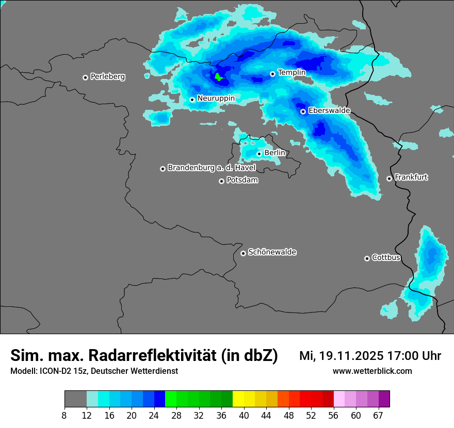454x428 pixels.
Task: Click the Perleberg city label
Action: point(107,77)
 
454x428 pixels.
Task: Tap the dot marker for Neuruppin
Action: point(192,100)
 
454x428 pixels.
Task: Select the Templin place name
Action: point(291,73)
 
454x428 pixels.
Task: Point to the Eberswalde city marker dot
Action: point(303,111)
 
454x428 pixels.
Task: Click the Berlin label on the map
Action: point(274,153)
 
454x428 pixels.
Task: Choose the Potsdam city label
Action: point(242,180)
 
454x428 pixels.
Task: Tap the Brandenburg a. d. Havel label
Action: point(212,168)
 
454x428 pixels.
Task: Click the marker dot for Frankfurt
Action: point(389,178)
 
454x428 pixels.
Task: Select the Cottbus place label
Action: point(386,258)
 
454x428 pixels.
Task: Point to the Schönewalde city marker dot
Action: point(243,253)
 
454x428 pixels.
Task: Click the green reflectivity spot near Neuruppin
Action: point(218,77)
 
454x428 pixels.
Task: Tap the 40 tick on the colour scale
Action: point(244,415)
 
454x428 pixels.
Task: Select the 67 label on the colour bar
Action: point(378,415)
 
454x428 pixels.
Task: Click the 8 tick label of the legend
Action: point(64,415)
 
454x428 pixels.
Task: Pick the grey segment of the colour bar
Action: point(75,399)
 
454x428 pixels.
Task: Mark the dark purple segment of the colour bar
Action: point(384,399)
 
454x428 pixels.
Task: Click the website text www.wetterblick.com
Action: point(372,371)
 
